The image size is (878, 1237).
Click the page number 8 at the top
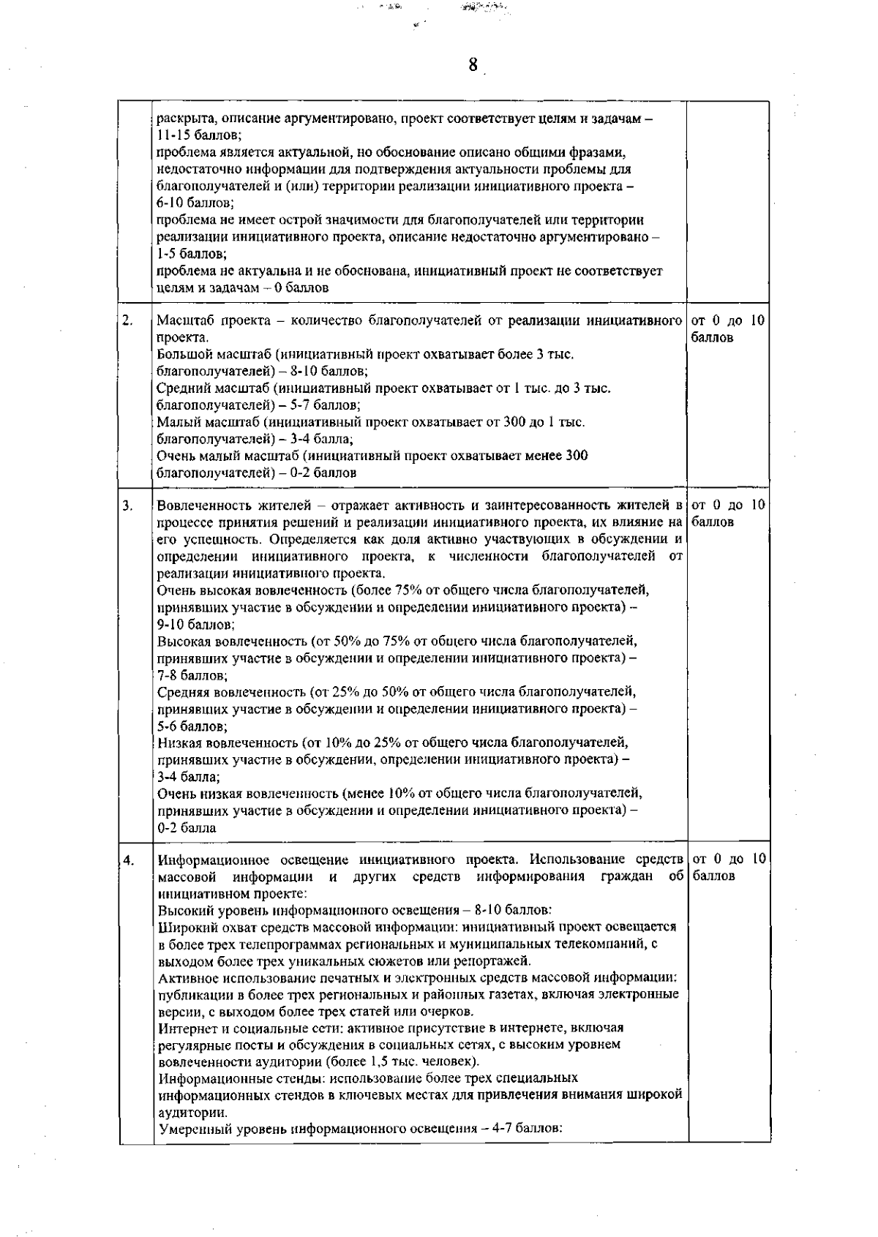[473, 65]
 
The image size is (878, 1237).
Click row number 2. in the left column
[127, 320]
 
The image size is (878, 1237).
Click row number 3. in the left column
[127, 505]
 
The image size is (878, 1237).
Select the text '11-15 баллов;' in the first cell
[199, 136]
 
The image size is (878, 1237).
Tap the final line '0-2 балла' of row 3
[187, 828]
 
